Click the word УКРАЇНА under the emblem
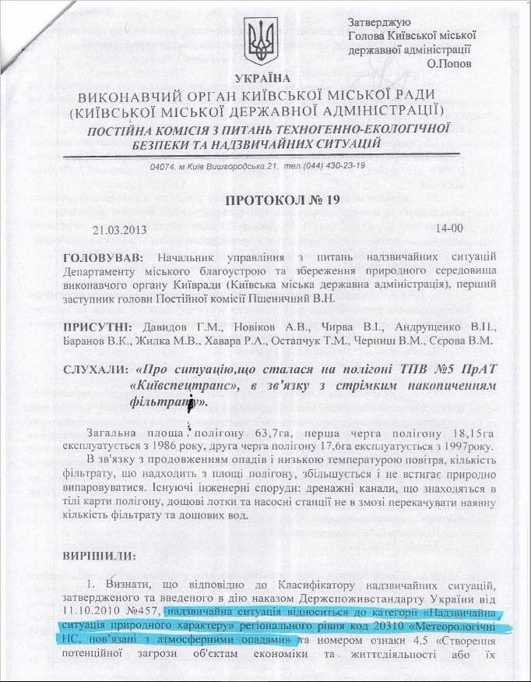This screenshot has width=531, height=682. [262, 79]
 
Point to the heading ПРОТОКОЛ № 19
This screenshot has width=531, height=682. [283, 201]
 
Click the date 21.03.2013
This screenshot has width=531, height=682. [119, 229]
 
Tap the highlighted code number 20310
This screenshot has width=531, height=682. [391, 625]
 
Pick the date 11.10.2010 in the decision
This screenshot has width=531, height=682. [88, 611]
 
